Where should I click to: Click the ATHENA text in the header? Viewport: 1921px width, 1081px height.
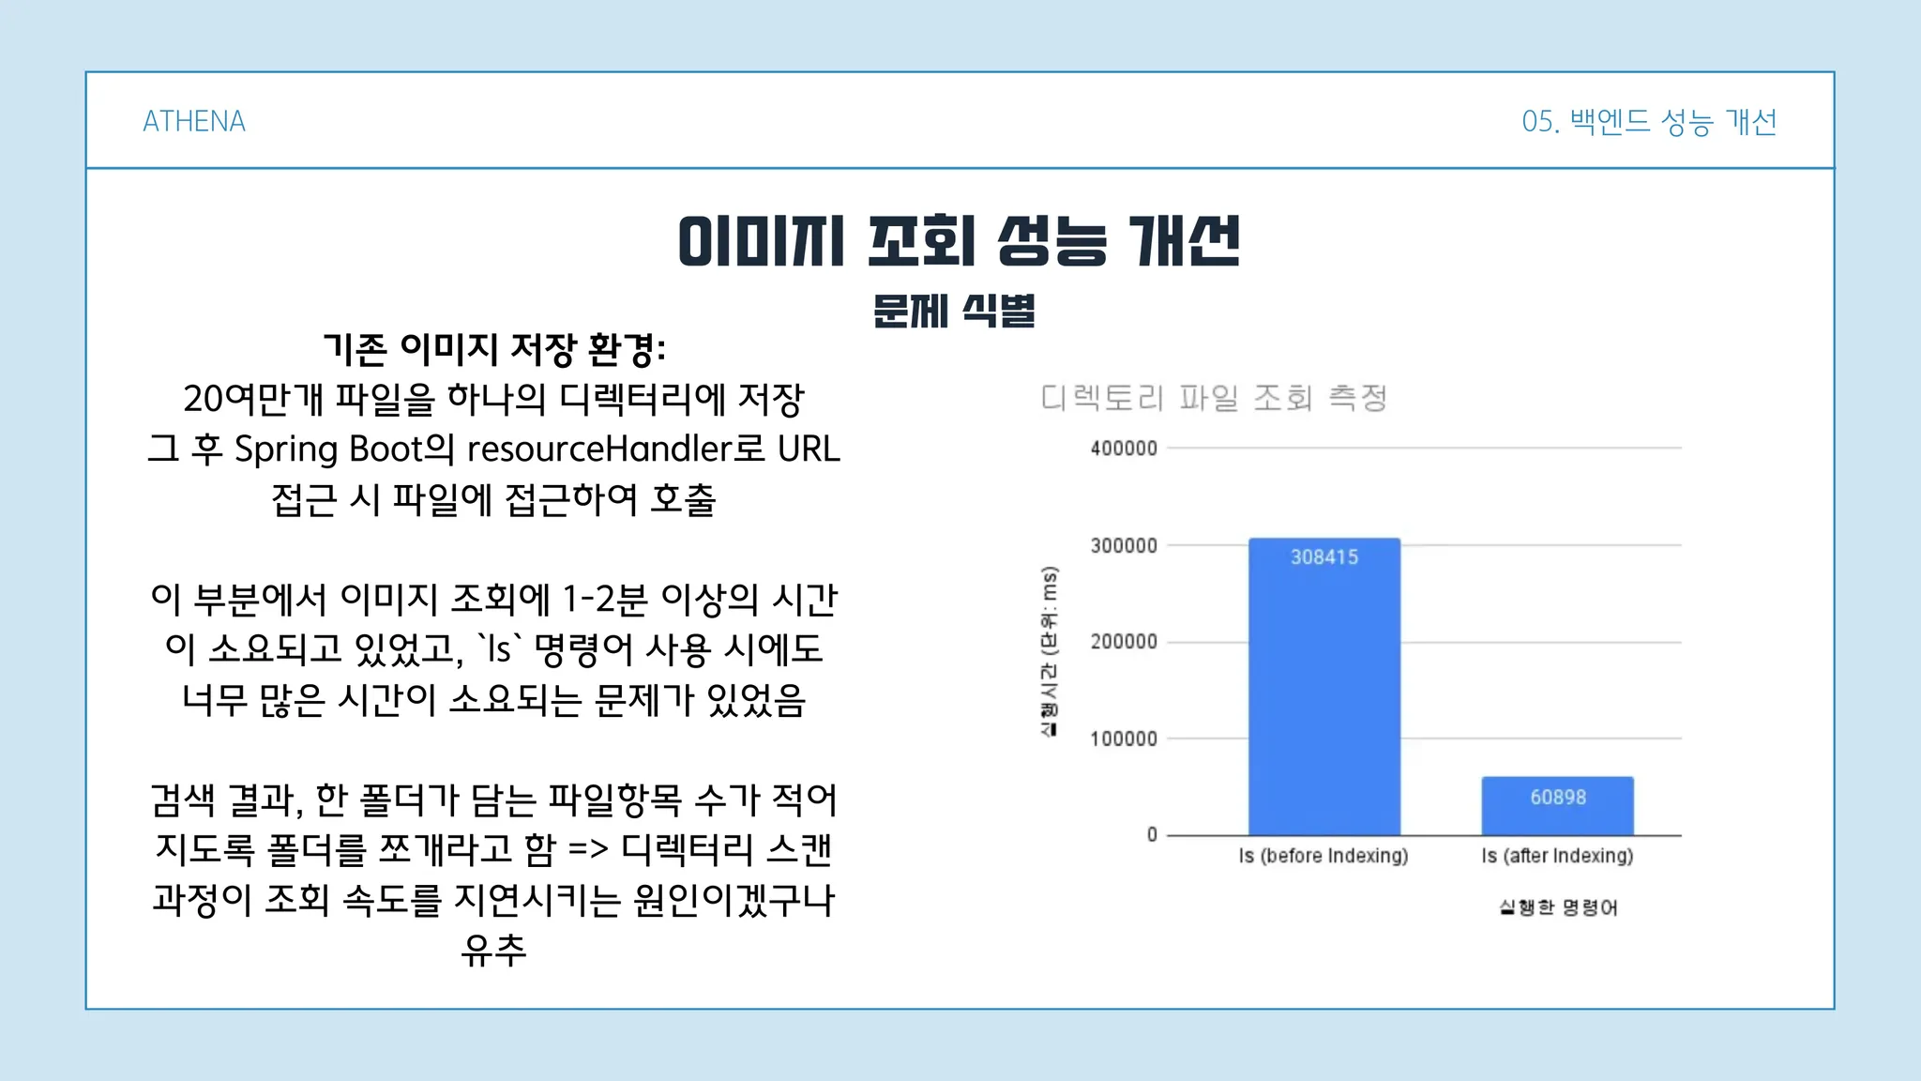[194, 121]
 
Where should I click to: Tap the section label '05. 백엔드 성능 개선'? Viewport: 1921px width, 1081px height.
[1649, 122]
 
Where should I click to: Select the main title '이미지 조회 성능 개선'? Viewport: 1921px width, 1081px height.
[960, 240]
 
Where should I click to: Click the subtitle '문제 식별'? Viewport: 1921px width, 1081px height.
[954, 311]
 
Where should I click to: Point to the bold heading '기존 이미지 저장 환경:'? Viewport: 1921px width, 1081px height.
[494, 349]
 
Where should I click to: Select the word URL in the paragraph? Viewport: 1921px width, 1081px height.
[809, 449]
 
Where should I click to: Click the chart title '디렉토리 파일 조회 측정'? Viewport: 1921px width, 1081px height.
[1214, 398]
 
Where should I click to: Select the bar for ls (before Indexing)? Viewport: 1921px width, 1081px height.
[1324, 686]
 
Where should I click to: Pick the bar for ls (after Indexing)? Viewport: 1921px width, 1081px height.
[1558, 806]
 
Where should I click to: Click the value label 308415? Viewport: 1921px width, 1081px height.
[1324, 557]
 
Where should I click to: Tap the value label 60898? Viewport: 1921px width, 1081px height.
[1558, 798]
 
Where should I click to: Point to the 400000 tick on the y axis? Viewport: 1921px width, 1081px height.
[1124, 449]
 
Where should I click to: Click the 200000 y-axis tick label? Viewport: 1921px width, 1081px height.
[1124, 642]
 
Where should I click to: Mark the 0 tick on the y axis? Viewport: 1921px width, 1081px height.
[1152, 834]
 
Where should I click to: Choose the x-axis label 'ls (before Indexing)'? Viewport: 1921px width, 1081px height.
[1324, 856]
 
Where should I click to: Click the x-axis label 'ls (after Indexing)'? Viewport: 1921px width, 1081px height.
[1558, 856]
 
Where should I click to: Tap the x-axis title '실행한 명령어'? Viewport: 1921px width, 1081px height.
[1558, 907]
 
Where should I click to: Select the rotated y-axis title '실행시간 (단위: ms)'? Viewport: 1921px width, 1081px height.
[1050, 651]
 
